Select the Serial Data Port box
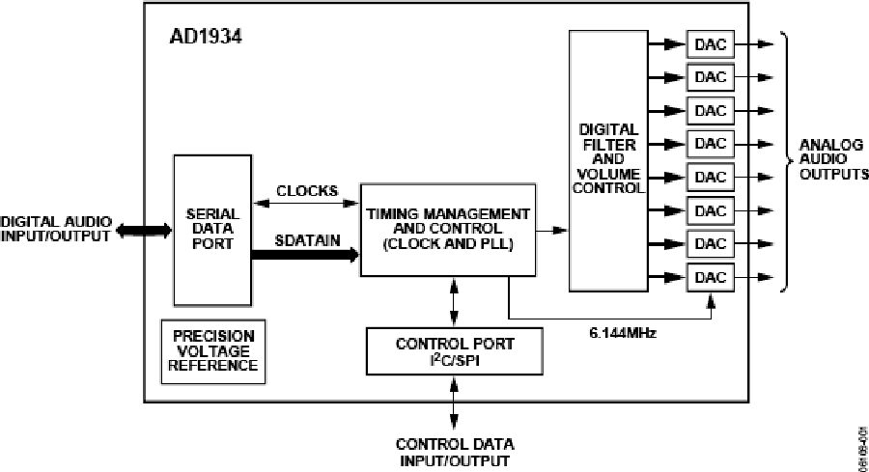click(x=211, y=231)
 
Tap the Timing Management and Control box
click(x=448, y=229)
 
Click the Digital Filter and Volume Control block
click(x=608, y=159)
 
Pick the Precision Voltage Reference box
click(x=213, y=350)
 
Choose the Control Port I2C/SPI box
click(x=455, y=350)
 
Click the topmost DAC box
click(x=710, y=43)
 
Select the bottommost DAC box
click(x=710, y=277)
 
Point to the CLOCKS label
click(x=306, y=190)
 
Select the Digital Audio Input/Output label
click(x=55, y=229)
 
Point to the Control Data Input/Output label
click(x=455, y=453)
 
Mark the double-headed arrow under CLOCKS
click(x=305, y=204)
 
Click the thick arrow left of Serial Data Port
click(x=144, y=230)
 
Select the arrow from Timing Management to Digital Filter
click(x=552, y=230)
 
